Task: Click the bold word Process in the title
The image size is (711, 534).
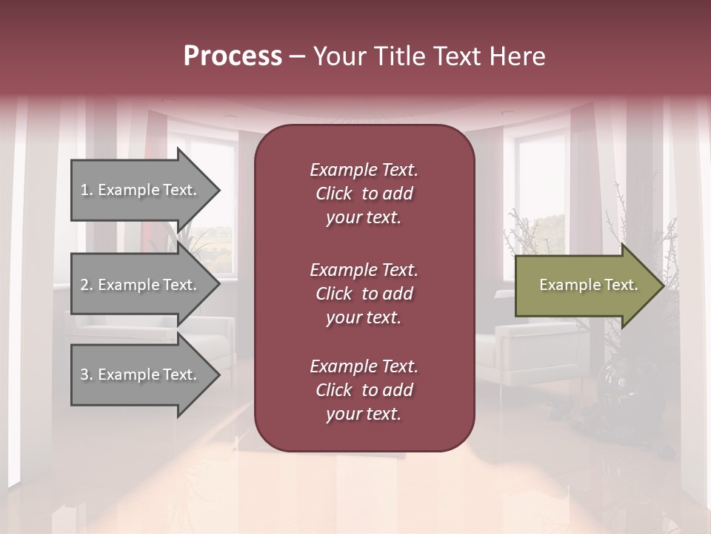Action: tap(233, 56)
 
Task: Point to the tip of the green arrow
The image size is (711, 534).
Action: tap(661, 286)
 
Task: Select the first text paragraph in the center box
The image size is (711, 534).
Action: tap(364, 194)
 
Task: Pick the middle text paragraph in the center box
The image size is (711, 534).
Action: tap(364, 294)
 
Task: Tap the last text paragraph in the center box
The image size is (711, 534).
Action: tap(364, 390)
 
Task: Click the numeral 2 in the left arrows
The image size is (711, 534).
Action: tap(84, 285)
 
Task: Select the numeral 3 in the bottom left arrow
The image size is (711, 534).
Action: tap(84, 375)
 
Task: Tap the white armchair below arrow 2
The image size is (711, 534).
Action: tap(148, 334)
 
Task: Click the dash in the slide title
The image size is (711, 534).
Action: tap(298, 57)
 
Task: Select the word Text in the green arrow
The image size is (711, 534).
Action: tap(621, 285)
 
